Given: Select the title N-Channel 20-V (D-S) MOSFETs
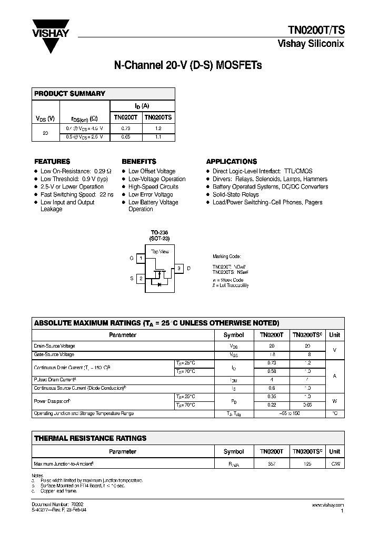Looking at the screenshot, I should (x=188, y=66).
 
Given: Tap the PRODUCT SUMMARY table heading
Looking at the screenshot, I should (x=69, y=94).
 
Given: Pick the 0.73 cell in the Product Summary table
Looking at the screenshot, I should (x=126, y=129).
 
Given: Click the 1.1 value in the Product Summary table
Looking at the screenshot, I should (x=158, y=137).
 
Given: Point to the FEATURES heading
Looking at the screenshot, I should (x=52, y=162).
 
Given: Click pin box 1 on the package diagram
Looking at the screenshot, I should (x=141, y=259).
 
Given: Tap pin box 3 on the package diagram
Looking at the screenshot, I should (x=179, y=269).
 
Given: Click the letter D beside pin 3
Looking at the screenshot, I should (x=188, y=269).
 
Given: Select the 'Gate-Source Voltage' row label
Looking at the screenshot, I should (x=54, y=354).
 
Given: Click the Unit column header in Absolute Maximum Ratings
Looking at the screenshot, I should (x=334, y=335).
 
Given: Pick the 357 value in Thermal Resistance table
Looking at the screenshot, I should (x=272, y=464).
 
